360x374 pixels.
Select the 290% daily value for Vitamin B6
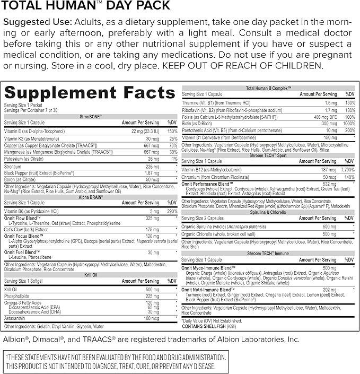click(172, 211)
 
